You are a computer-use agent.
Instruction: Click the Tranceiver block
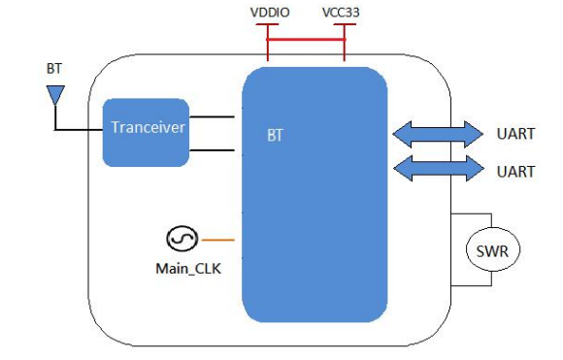[x=147, y=129]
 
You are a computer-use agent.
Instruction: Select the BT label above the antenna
[x=54, y=69]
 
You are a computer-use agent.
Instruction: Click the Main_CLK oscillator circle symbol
[x=182, y=238]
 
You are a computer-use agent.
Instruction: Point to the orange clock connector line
[x=219, y=238]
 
